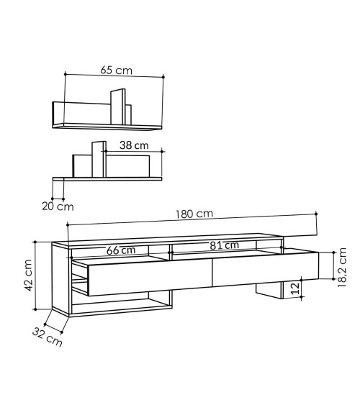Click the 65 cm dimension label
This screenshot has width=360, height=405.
tap(117, 70)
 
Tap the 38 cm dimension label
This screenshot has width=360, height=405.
tap(134, 145)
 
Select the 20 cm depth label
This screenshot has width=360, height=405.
tap(58, 206)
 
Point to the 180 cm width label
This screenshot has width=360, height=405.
tap(194, 214)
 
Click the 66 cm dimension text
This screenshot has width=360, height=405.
tap(121, 250)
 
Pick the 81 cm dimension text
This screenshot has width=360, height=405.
tap(225, 245)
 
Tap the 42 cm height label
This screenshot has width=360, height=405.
tap(28, 276)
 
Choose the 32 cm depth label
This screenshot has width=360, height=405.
tap(48, 337)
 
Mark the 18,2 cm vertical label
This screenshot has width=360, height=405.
tap(342, 268)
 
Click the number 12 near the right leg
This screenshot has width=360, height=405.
tap(295, 288)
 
